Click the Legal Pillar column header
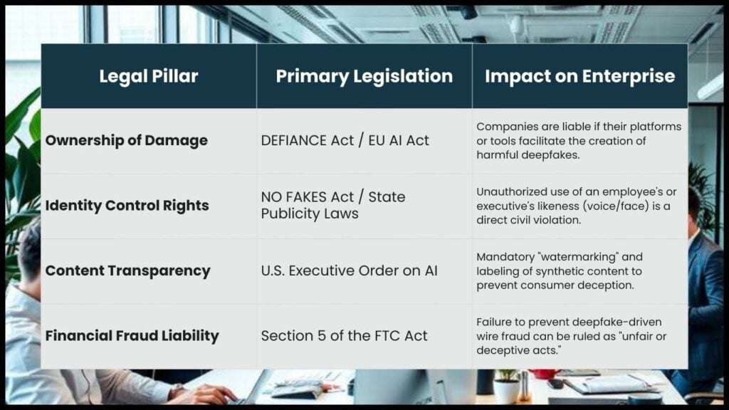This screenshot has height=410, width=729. tap(148, 76)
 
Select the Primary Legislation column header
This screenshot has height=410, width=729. tap(364, 76)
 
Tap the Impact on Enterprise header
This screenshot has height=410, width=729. tap(579, 76)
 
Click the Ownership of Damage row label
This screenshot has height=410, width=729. tap(127, 140)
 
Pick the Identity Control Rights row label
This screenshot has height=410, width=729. tap(127, 206)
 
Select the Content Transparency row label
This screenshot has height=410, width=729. tap(128, 270)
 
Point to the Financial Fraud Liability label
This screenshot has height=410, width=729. tap(132, 335)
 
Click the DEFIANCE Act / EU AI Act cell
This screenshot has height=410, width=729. tap(345, 140)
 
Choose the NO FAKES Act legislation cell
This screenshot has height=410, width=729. tap(333, 205)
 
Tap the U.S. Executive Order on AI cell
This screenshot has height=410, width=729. tap(349, 270)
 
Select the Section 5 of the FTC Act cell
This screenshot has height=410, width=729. tap(345, 335)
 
